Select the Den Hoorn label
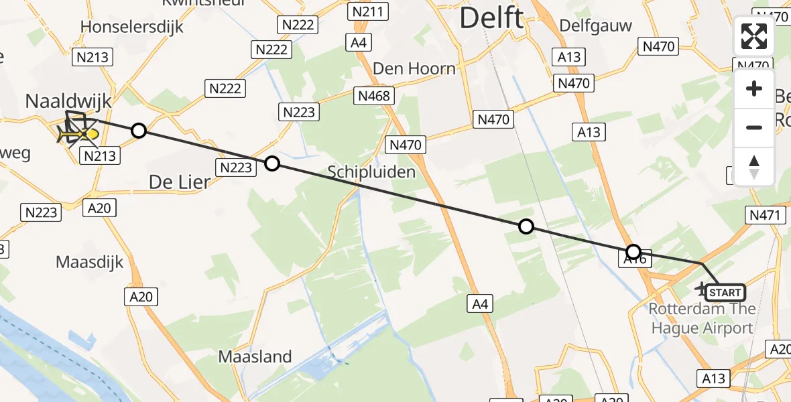414,68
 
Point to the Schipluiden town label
371,172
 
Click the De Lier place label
179,182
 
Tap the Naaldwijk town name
68,101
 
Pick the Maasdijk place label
90,261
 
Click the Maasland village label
255,356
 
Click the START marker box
725,292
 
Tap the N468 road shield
374,96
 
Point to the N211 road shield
369,11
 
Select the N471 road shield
764,215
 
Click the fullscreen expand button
754,36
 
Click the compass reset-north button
754,166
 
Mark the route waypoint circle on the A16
633,252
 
